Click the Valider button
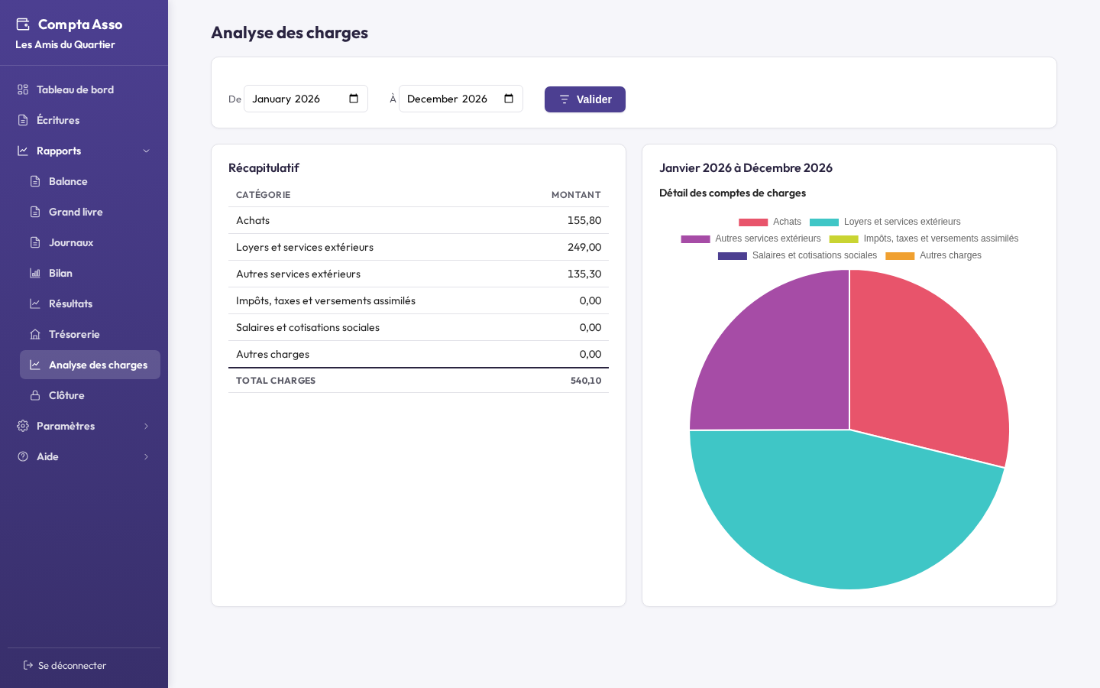point(585,99)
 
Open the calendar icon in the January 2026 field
point(354,99)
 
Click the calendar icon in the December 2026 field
point(509,99)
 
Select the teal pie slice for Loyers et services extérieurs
point(835,511)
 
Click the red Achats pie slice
point(924,374)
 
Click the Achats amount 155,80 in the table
point(584,220)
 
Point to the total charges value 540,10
point(586,381)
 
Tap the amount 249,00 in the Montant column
point(584,247)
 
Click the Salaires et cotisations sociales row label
point(308,327)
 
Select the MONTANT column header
point(576,195)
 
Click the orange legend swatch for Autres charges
point(900,256)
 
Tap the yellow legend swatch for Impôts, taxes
point(843,239)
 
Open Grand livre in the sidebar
point(76,212)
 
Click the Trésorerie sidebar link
point(74,334)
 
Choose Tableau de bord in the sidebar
point(75,89)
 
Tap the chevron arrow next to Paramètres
point(146,426)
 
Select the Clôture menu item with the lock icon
point(66,395)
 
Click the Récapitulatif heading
point(264,168)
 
